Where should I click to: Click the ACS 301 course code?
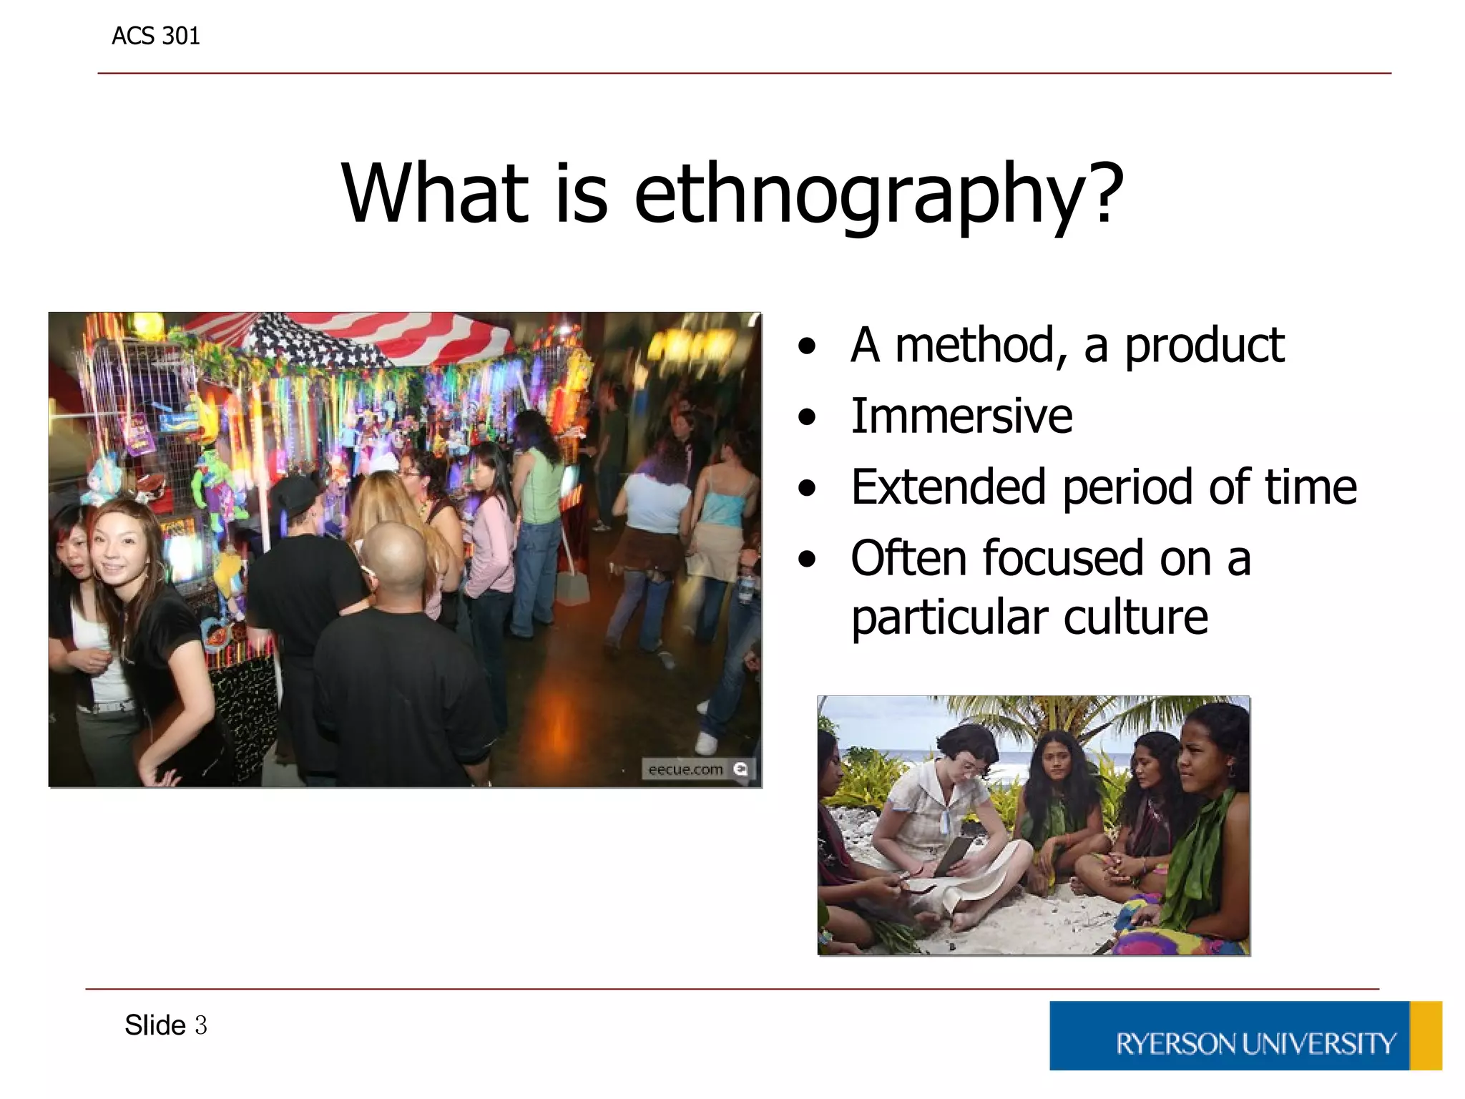click(155, 36)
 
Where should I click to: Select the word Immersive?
click(961, 416)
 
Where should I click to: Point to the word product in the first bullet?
click(1205, 346)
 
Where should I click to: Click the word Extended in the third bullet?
click(948, 488)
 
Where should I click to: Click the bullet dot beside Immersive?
click(807, 418)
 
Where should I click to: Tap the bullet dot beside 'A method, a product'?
click(807, 347)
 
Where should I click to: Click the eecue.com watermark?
click(685, 769)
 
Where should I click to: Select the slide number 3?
click(201, 1025)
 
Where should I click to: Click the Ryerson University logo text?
click(1255, 1044)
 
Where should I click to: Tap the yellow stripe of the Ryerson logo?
click(1425, 1035)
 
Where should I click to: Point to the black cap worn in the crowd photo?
click(294, 493)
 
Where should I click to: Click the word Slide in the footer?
click(155, 1025)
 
